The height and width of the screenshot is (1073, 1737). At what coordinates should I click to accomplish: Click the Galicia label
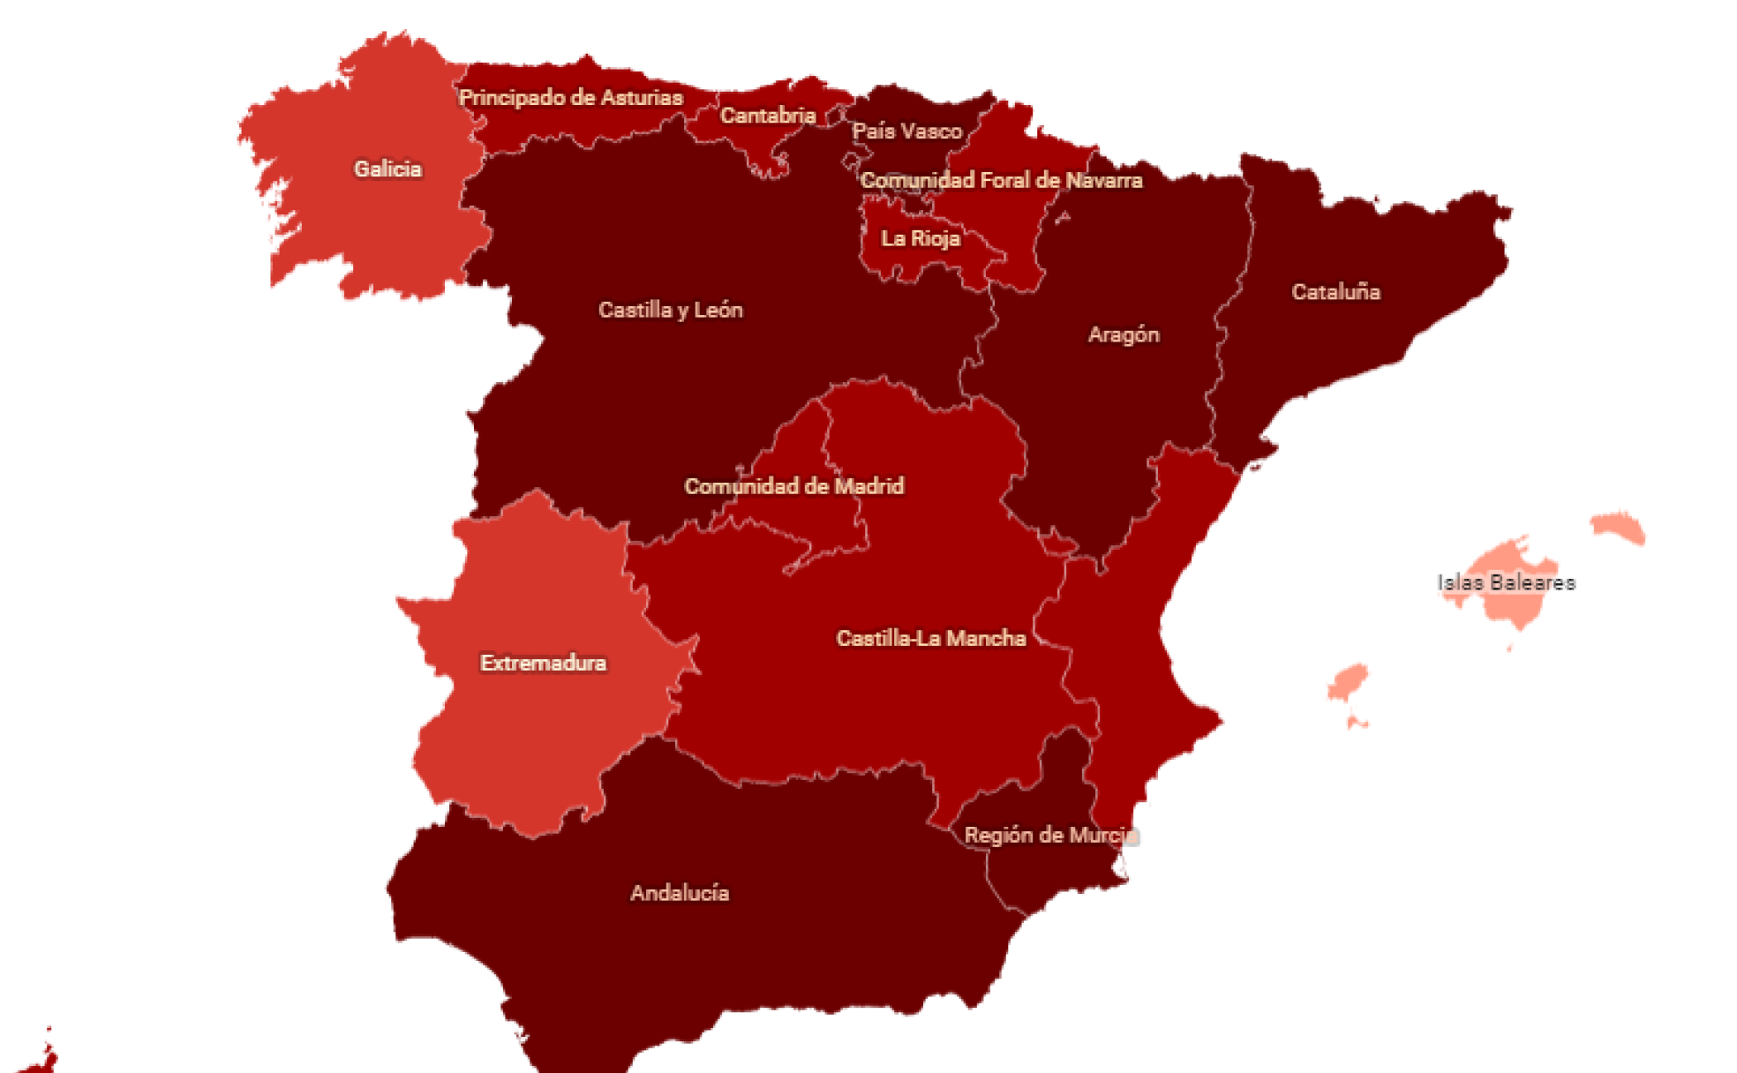pyautogui.click(x=387, y=169)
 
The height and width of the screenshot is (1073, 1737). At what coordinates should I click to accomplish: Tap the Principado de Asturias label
pyautogui.click(x=570, y=97)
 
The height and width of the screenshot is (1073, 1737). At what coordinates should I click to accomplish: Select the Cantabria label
pyautogui.click(x=767, y=116)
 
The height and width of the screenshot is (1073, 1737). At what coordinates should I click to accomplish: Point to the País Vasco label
pyautogui.click(x=906, y=131)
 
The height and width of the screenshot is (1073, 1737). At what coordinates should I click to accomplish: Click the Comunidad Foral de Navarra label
pyautogui.click(x=1001, y=180)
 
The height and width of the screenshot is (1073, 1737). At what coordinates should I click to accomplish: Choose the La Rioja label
pyautogui.click(x=920, y=238)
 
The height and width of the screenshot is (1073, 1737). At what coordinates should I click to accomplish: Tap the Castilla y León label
pyautogui.click(x=670, y=310)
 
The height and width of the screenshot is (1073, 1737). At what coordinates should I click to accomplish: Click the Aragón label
pyautogui.click(x=1123, y=334)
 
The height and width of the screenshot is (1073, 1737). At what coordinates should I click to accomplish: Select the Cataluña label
pyautogui.click(x=1335, y=292)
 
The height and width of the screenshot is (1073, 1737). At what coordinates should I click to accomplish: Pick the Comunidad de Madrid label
pyautogui.click(x=793, y=486)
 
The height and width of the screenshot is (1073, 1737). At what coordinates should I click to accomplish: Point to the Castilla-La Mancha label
pyautogui.click(x=930, y=638)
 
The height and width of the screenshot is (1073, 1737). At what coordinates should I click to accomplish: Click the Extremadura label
pyautogui.click(x=543, y=663)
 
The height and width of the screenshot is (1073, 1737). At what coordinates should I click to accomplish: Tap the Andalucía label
pyautogui.click(x=679, y=893)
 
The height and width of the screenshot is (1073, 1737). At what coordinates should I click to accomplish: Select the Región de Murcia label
pyautogui.click(x=1049, y=835)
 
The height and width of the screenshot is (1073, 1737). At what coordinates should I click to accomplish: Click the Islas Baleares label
pyautogui.click(x=1506, y=582)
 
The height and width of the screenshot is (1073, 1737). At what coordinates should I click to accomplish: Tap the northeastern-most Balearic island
pyautogui.click(x=1620, y=528)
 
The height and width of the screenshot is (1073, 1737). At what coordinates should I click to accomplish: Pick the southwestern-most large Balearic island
pyautogui.click(x=1348, y=682)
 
